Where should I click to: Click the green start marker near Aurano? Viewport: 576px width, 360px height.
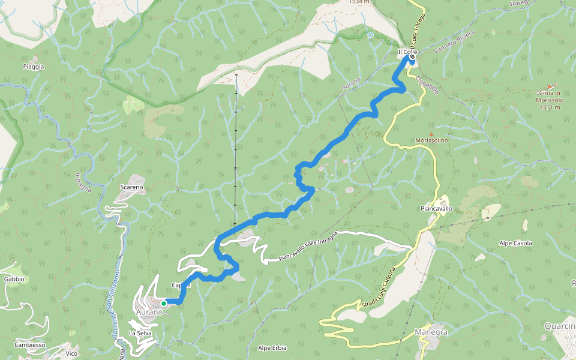point(163,303)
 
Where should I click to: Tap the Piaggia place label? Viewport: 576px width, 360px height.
point(34,67)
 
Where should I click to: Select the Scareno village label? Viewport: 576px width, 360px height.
point(131,187)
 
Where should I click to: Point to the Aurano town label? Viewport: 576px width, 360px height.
point(149,313)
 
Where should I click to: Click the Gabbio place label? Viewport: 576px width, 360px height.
point(14,279)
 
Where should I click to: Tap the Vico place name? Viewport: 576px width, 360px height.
point(71,353)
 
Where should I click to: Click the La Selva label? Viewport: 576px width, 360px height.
point(140,332)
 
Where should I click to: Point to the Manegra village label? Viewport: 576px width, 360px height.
point(431,332)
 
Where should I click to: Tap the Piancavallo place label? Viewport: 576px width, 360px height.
point(436,209)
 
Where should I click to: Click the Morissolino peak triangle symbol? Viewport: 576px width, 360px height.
point(430,133)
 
